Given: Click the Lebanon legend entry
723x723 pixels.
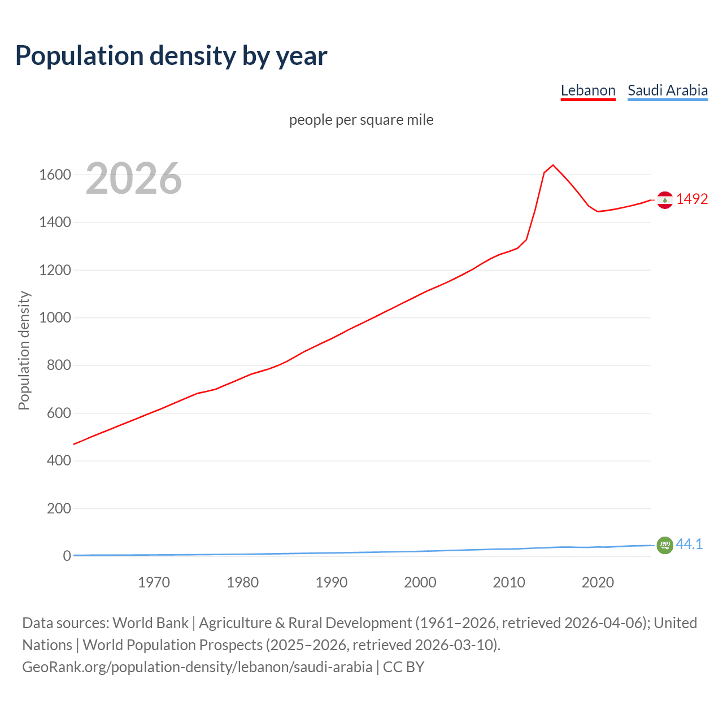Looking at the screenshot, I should (x=587, y=90).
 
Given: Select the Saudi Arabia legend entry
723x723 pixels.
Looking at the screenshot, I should (x=667, y=90).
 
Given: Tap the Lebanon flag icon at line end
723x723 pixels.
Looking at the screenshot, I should (x=665, y=200).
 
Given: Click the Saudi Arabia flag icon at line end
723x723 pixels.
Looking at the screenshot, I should (x=665, y=545).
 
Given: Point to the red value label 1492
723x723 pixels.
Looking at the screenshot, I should (x=692, y=199).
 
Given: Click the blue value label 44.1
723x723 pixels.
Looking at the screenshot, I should (x=689, y=544).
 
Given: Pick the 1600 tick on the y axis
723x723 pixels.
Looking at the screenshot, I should (x=55, y=175).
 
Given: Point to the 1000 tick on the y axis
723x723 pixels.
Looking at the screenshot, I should (x=55, y=317).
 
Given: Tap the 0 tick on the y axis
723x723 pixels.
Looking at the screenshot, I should (x=67, y=556).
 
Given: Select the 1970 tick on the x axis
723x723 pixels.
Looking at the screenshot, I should (x=154, y=582).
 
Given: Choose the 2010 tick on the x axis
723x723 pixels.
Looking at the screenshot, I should (x=509, y=582).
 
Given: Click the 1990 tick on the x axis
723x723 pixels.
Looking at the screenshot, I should (x=332, y=582).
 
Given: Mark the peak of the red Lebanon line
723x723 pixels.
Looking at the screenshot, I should (x=553, y=165).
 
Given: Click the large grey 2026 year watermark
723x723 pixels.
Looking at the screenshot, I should (x=133, y=178).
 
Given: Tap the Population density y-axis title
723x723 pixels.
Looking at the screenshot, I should (x=24, y=350).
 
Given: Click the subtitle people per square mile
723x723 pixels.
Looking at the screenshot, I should (x=361, y=120).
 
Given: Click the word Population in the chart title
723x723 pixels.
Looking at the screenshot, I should (x=79, y=56).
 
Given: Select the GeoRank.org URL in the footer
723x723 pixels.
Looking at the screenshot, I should (x=197, y=667).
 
